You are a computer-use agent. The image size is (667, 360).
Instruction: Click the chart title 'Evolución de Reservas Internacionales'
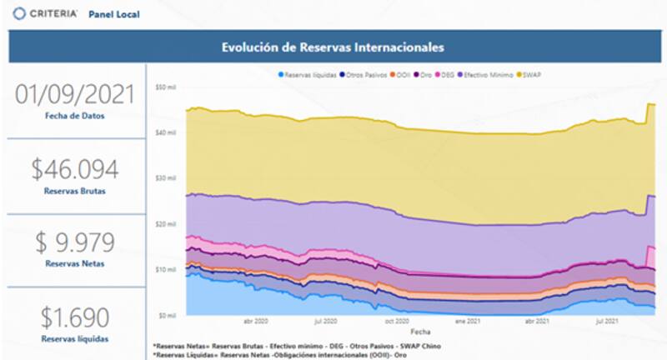click(332, 47)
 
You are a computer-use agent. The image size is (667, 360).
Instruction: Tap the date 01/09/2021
click(74, 94)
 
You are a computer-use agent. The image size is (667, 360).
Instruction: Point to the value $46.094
click(74, 169)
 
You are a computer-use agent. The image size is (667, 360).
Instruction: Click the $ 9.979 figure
click(74, 244)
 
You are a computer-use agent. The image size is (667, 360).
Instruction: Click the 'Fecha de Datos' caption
click(74, 116)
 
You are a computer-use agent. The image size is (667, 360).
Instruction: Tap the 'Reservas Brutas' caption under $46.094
click(74, 191)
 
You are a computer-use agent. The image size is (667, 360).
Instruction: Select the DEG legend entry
click(446, 75)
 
